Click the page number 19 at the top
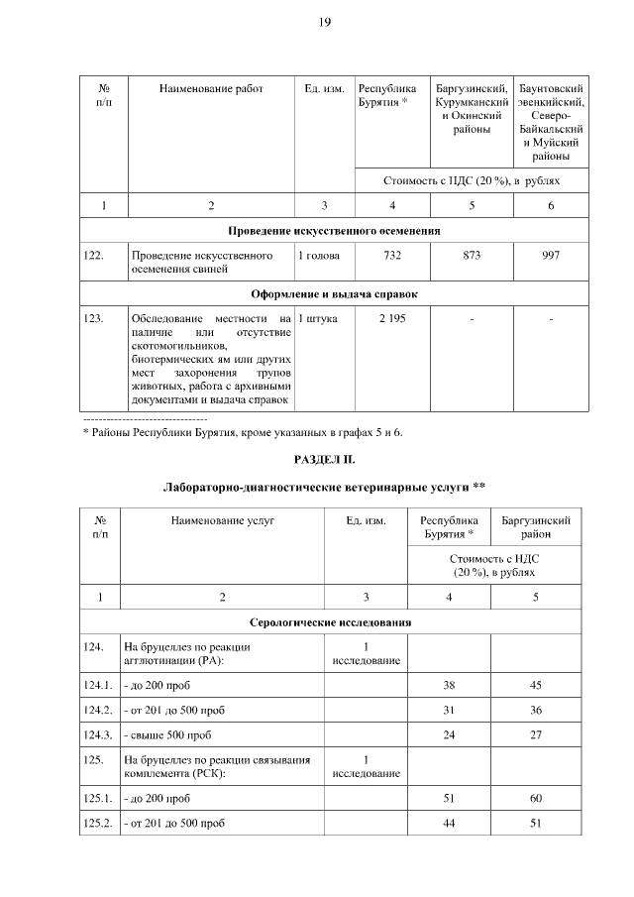pyautogui.click(x=324, y=23)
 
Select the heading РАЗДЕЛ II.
pyautogui.click(x=324, y=460)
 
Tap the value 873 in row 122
pyautogui.click(x=472, y=256)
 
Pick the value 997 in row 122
pyautogui.click(x=551, y=256)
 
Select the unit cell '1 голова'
pyautogui.click(x=320, y=256)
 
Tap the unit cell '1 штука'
pyautogui.click(x=318, y=318)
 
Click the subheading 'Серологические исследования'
pyautogui.click(x=331, y=622)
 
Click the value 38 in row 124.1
pyautogui.click(x=449, y=685)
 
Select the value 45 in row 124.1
pyautogui.click(x=536, y=685)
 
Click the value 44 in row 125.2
pyautogui.click(x=449, y=823)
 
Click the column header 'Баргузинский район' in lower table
pyautogui.click(x=536, y=526)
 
